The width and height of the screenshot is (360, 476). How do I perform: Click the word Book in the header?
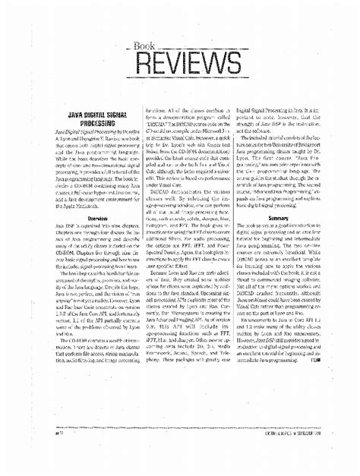[x=144, y=46]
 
